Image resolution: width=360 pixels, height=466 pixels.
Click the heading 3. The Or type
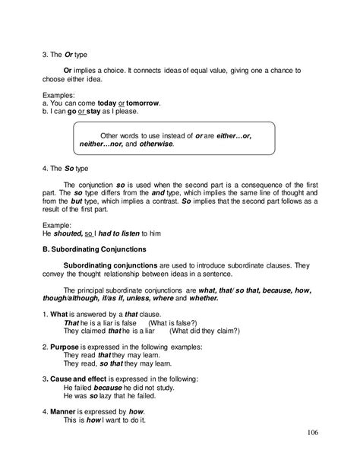point(63,54)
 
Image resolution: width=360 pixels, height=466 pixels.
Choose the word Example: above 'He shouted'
point(55,224)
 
